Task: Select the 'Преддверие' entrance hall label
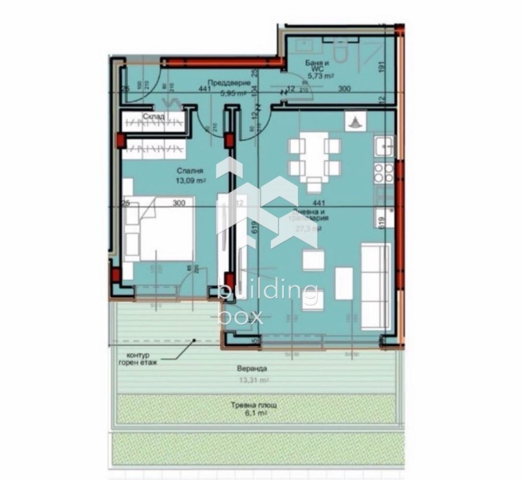tap(224, 83)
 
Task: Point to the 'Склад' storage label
tap(154, 118)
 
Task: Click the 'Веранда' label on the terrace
tap(252, 368)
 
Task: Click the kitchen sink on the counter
tap(384, 145)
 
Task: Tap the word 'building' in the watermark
tap(268, 292)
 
